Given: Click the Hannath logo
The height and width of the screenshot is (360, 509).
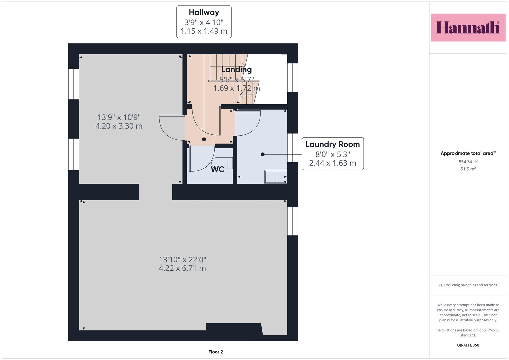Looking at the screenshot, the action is click(x=468, y=27).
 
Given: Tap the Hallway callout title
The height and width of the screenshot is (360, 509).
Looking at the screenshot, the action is click(x=204, y=12).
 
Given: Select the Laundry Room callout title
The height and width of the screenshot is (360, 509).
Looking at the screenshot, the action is click(x=332, y=144).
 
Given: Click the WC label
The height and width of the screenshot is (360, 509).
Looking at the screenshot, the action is click(x=217, y=169).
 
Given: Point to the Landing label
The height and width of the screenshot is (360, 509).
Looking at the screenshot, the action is click(x=237, y=70).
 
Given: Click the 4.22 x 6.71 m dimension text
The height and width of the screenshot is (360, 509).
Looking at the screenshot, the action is click(x=182, y=268).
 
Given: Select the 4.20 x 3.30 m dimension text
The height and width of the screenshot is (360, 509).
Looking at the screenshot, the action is click(x=119, y=126).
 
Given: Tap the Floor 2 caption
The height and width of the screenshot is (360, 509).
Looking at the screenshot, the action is click(x=216, y=352).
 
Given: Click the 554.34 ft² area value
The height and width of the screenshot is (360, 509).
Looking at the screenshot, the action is click(x=468, y=162).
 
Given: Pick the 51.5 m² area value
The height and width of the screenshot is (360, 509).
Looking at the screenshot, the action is click(x=468, y=169).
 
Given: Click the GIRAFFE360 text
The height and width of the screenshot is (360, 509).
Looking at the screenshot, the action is click(x=468, y=345).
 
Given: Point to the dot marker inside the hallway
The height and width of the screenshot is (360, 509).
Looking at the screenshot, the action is click(x=204, y=139).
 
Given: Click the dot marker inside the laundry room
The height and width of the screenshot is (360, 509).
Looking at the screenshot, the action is click(x=262, y=154).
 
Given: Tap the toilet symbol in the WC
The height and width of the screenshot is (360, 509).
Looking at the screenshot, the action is click(x=222, y=163).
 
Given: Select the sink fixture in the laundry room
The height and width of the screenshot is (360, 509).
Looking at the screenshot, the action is click(x=276, y=177).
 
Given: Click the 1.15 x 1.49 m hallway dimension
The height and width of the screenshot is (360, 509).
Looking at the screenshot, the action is click(x=204, y=31).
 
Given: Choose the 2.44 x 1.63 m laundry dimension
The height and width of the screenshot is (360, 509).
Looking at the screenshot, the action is click(x=333, y=163).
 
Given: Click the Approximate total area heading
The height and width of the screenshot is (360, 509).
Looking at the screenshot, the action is click(x=468, y=153).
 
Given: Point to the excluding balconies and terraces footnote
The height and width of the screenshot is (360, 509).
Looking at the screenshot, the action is click(x=468, y=285).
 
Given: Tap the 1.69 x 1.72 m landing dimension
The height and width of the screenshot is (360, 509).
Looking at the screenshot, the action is click(x=237, y=88).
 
